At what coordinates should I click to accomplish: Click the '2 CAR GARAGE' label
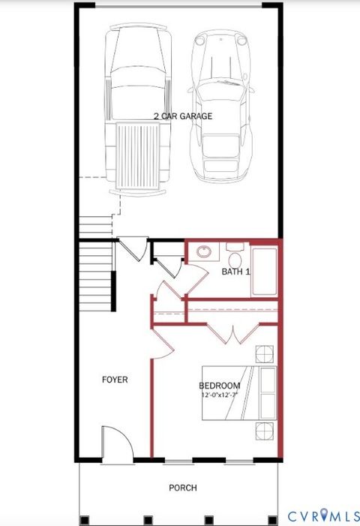pyautogui.click(x=183, y=116)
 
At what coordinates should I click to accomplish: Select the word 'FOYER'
pyautogui.click(x=115, y=380)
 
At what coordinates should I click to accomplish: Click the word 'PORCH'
pyautogui.click(x=183, y=488)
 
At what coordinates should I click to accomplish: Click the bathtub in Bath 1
pyautogui.click(x=265, y=270)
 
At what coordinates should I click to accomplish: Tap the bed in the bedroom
pyautogui.click(x=240, y=392)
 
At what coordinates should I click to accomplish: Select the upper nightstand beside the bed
pyautogui.click(x=265, y=353)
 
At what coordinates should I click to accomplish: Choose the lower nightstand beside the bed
pyautogui.click(x=265, y=431)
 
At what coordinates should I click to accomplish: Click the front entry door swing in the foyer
pyautogui.click(x=115, y=444)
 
